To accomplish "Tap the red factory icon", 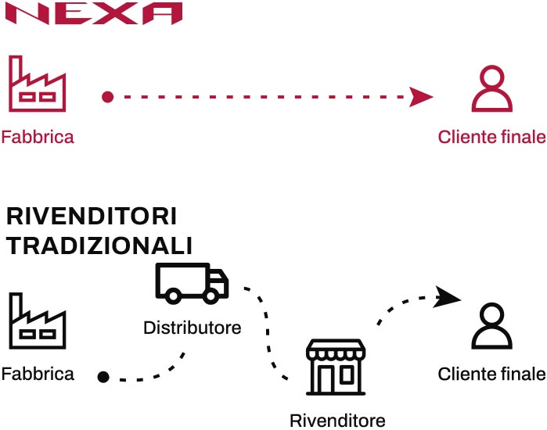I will (x=38, y=84).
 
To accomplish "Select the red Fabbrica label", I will (x=38, y=138).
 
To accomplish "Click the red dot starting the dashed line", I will (x=108, y=98).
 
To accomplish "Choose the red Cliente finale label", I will (x=491, y=138).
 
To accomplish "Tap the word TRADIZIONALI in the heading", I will (x=99, y=245).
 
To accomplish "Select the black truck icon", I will (x=192, y=282).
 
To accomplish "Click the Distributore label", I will (x=192, y=327).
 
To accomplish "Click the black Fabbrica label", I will (x=38, y=374).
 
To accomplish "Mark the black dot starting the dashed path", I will (x=103, y=377).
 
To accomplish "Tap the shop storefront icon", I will (x=336, y=367).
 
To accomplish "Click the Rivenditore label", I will (x=337, y=421).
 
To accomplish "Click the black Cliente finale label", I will (x=491, y=374).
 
